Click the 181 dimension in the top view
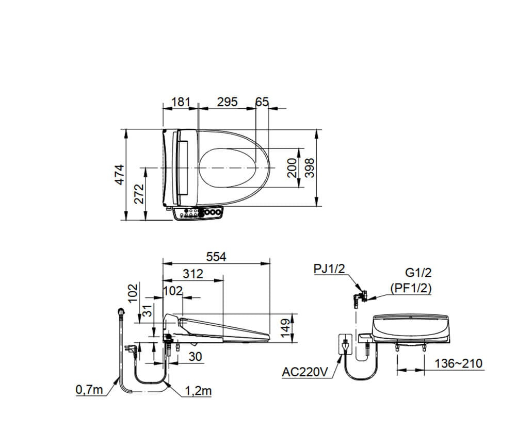tap(181, 102)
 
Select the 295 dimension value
tap(227, 102)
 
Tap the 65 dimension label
tap(262, 102)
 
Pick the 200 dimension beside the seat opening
tap(293, 168)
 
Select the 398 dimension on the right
tap(309, 168)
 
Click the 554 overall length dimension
tap(215, 257)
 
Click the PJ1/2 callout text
tap(329, 269)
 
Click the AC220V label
tap(305, 372)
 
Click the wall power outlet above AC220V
tap(344, 344)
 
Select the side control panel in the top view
tap(199, 213)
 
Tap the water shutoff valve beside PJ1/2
tap(359, 297)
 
